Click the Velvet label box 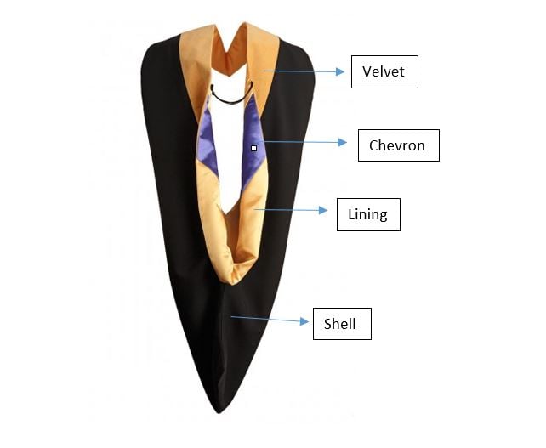click(x=384, y=71)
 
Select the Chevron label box click(x=399, y=145)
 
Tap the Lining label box click(x=368, y=214)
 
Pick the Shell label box click(x=342, y=324)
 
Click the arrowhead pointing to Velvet click(x=340, y=71)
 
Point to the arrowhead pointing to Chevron click(x=343, y=142)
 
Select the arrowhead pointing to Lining click(x=323, y=210)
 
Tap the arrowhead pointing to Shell click(x=304, y=321)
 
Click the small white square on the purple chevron click(x=253, y=148)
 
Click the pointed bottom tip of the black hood click(x=219, y=413)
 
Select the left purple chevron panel click(x=208, y=143)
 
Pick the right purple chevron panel click(x=253, y=139)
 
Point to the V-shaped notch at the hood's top click(x=229, y=52)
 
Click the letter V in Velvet click(x=367, y=71)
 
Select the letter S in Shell click(x=327, y=324)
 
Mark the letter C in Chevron click(x=373, y=145)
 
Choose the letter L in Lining click(x=351, y=214)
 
